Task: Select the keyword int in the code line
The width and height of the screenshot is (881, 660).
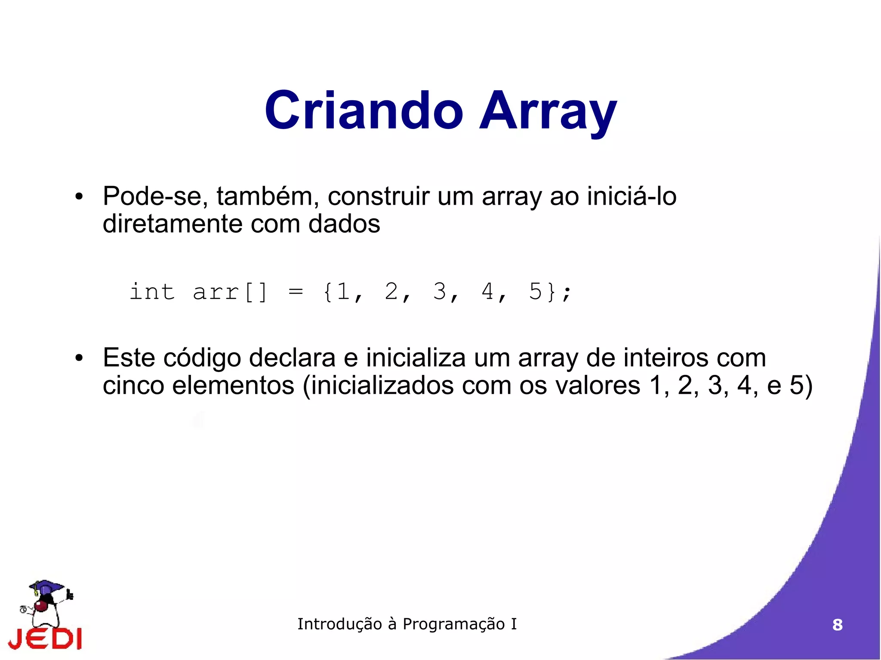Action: tap(152, 292)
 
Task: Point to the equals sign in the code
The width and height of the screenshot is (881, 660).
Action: tap(296, 292)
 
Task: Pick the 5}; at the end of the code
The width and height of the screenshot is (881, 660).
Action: tap(549, 292)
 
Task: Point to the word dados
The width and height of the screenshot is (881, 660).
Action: tap(344, 224)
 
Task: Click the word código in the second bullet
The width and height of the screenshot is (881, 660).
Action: tap(202, 358)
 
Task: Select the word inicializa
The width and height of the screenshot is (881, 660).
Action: tap(416, 358)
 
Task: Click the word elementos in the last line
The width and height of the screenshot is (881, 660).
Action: tap(233, 385)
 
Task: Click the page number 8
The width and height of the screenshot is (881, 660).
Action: tap(837, 625)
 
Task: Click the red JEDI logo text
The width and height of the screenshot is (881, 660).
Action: tap(45, 639)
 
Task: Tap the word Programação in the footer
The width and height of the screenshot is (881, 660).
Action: tap(453, 624)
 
